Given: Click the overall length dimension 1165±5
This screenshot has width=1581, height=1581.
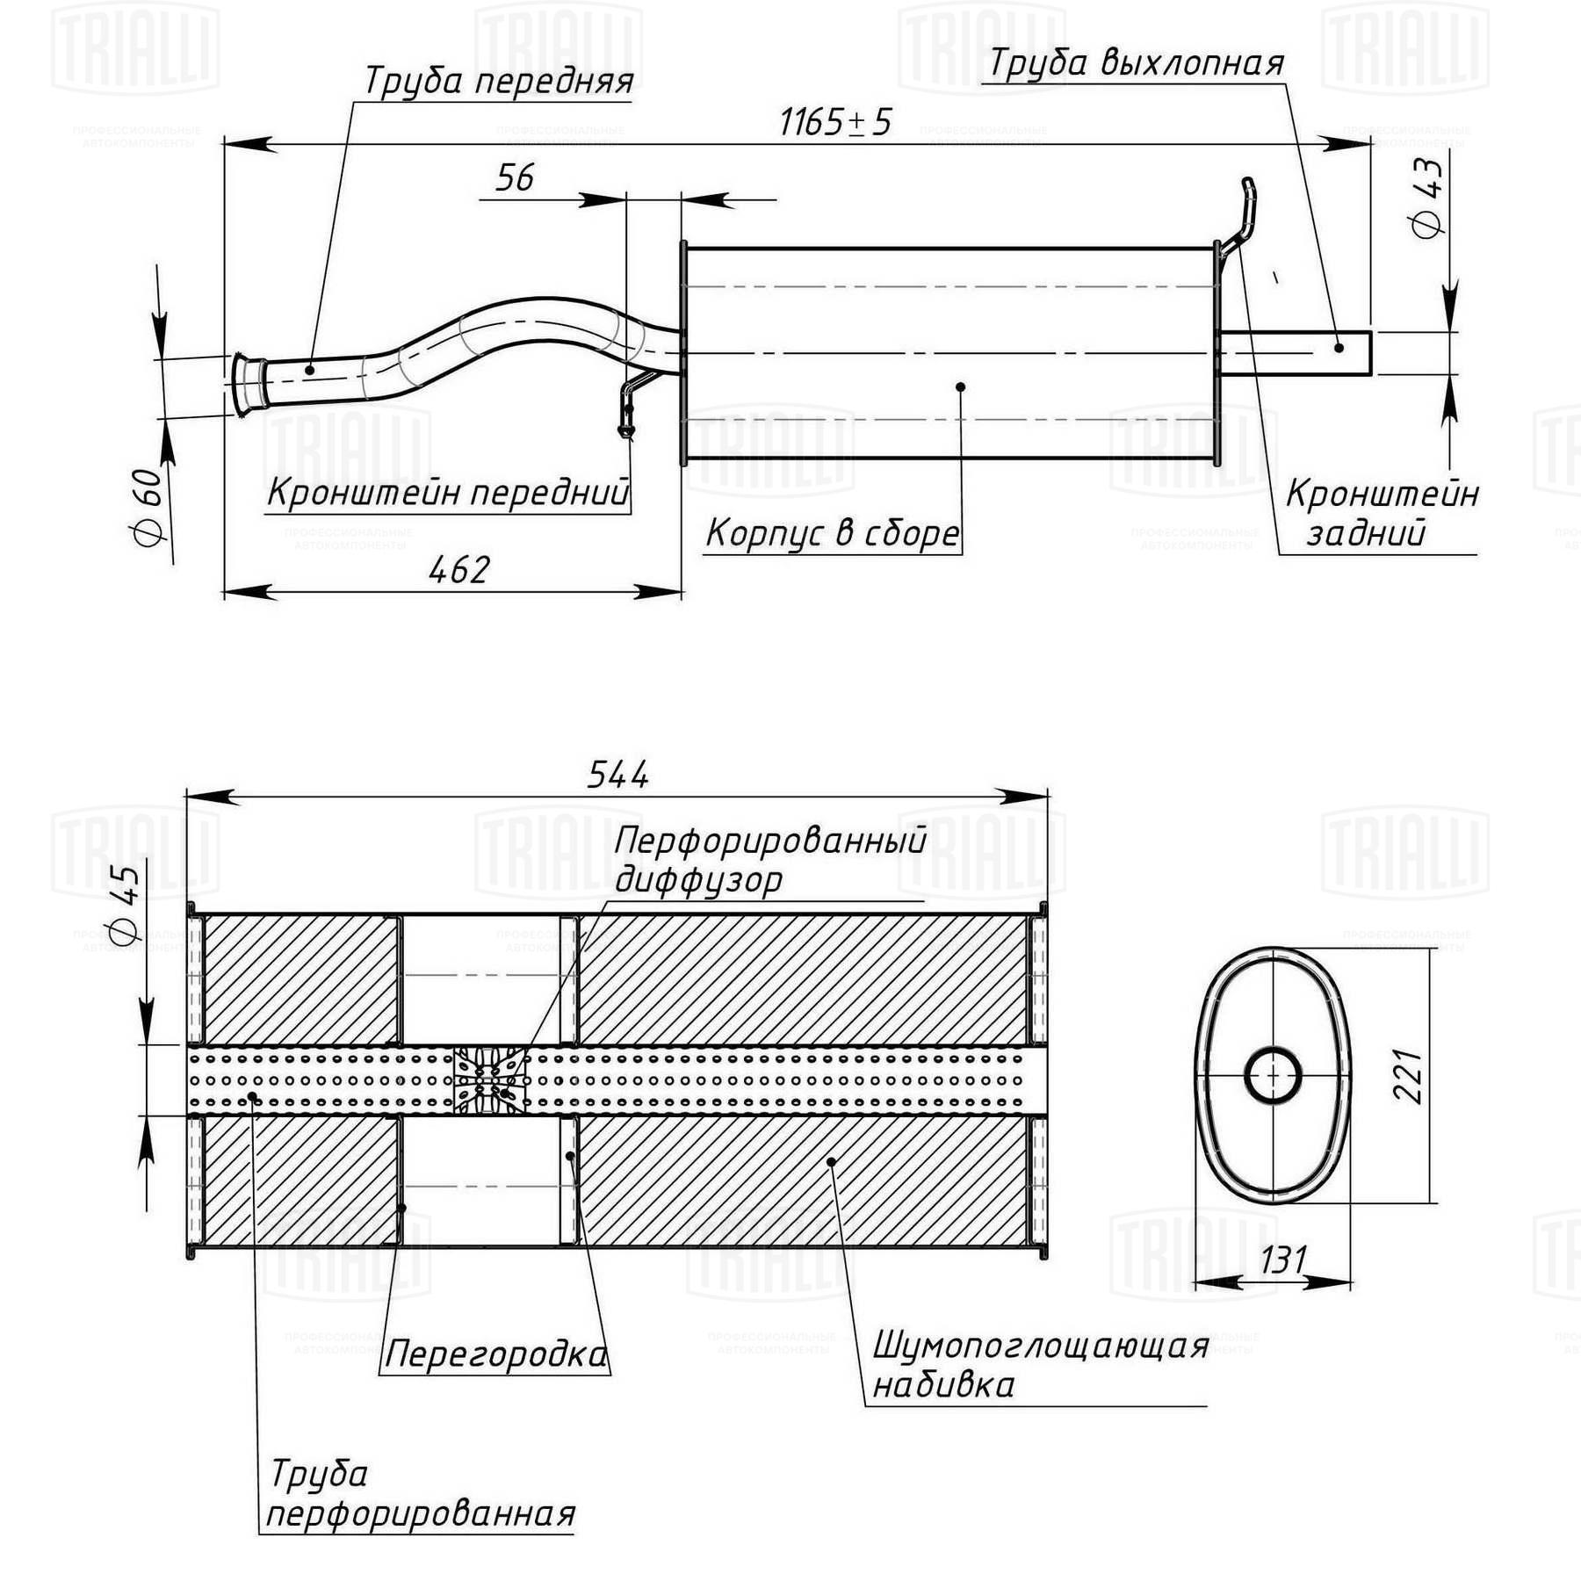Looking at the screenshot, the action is (x=835, y=122).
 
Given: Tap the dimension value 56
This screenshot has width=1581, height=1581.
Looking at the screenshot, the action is (x=515, y=177).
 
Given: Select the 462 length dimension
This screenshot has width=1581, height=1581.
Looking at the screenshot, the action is (x=458, y=571).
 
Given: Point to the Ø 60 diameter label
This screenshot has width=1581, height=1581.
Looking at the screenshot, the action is (x=148, y=509).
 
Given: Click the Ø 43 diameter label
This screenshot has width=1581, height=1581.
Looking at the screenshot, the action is (x=1427, y=198).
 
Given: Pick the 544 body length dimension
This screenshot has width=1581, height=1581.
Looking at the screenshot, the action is (x=618, y=775).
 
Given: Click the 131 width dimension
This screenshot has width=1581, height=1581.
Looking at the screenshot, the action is (x=1284, y=1260).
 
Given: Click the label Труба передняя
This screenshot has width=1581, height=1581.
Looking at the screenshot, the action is (x=498, y=81).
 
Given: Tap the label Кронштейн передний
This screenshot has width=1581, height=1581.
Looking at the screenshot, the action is (x=448, y=493).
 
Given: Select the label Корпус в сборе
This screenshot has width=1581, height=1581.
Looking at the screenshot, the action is (x=833, y=533).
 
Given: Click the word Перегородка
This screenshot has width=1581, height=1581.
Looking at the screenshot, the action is (x=496, y=1354).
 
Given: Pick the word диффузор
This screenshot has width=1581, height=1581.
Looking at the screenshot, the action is (x=698, y=879).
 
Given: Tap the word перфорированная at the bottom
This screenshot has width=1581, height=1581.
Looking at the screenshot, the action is (x=421, y=1514).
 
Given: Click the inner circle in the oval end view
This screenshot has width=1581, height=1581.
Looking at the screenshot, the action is (x=1273, y=1075).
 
